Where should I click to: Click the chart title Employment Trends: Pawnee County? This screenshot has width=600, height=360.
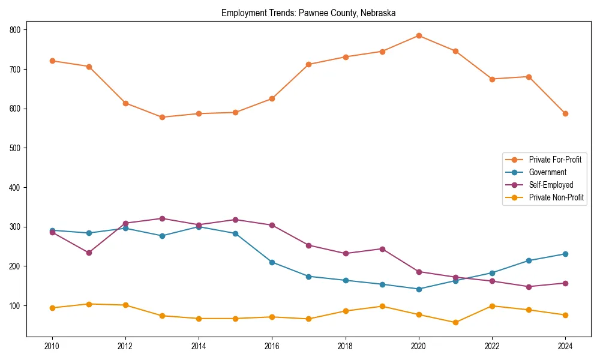point(308,13)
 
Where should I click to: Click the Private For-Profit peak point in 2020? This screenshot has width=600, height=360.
point(419,35)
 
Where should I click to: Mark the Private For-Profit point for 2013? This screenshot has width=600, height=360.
point(162,117)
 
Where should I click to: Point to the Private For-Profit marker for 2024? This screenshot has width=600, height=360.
point(565,113)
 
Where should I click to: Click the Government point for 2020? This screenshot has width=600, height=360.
point(419,289)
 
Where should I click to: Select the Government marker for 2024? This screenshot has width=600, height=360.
point(565,254)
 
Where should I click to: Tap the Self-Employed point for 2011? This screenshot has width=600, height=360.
point(89,253)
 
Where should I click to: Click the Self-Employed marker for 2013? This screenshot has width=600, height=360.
point(162,218)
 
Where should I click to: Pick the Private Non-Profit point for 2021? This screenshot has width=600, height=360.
point(455,322)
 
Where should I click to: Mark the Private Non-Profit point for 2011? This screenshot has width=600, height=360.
point(89,304)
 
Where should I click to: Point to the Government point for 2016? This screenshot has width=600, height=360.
point(272,262)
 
